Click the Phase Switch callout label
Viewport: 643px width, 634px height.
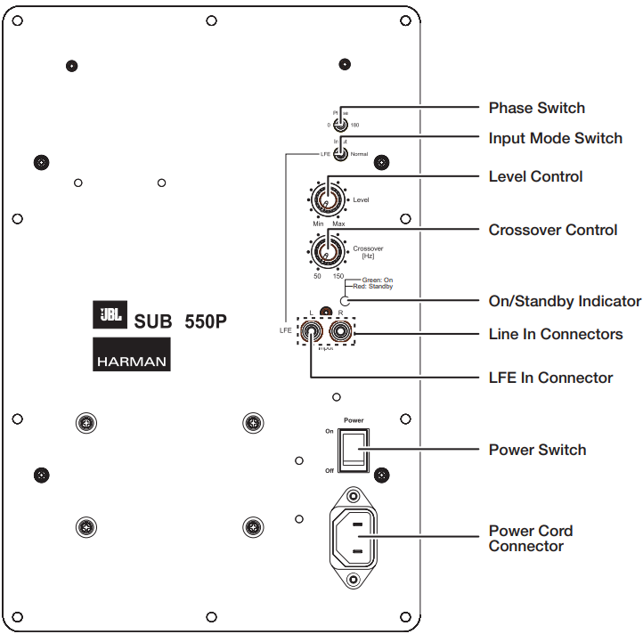pyautogui.click(x=536, y=108)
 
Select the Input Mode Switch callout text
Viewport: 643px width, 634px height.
pyautogui.click(x=555, y=138)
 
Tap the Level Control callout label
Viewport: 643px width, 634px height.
pyautogui.click(x=535, y=176)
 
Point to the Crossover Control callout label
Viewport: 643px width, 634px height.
pyautogui.click(x=552, y=230)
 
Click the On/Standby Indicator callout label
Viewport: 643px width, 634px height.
pyautogui.click(x=565, y=301)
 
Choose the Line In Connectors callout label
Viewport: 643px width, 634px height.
pyautogui.click(x=555, y=334)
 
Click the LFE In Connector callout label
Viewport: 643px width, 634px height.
pyautogui.click(x=550, y=378)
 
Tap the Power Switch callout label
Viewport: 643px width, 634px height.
pyautogui.click(x=537, y=450)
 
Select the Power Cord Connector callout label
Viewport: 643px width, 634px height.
pyautogui.click(x=530, y=538)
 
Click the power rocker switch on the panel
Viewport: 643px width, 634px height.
pyautogui.click(x=354, y=449)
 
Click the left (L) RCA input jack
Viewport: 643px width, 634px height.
pyautogui.click(x=311, y=333)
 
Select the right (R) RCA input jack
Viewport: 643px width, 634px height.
pyautogui.click(x=340, y=333)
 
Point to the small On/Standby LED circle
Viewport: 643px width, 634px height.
pyautogui.click(x=346, y=301)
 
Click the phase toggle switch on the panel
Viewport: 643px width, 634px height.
pyautogui.click(x=340, y=125)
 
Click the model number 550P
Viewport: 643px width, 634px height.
pyautogui.click(x=206, y=321)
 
